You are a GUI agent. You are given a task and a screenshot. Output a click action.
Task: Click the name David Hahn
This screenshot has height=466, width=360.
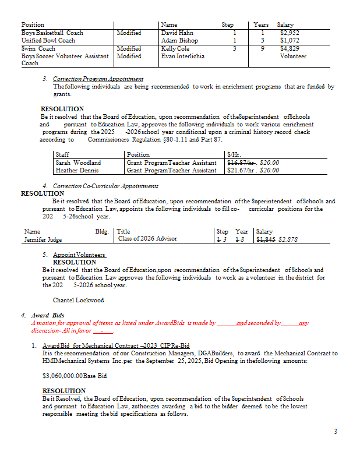pos(177,33)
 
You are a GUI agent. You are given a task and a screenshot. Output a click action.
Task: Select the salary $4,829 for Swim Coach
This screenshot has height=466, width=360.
pos(289,49)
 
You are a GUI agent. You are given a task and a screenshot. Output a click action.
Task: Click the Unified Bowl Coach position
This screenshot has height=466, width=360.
pos(48,41)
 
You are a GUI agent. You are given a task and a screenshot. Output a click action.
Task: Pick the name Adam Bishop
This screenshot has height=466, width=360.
pos(179,41)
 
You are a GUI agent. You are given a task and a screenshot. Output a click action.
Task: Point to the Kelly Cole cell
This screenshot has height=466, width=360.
pos(175,49)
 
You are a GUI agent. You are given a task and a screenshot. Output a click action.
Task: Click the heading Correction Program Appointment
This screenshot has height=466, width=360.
pos(98,79)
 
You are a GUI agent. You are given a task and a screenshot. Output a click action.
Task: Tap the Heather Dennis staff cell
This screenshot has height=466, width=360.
pos(77,170)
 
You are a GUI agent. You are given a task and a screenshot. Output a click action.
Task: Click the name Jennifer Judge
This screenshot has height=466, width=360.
pos(43,239)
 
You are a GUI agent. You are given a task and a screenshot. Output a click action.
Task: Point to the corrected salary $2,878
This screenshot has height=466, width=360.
pos(288,239)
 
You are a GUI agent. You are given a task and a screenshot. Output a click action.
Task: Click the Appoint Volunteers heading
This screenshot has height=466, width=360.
pos(79,255)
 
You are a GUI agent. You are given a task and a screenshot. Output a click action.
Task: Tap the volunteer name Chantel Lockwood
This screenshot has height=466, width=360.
pos(78,300)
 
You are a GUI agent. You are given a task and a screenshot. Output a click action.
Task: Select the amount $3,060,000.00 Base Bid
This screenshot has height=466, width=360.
pos(75,376)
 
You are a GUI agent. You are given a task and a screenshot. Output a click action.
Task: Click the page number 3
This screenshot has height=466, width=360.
pos(335,432)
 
